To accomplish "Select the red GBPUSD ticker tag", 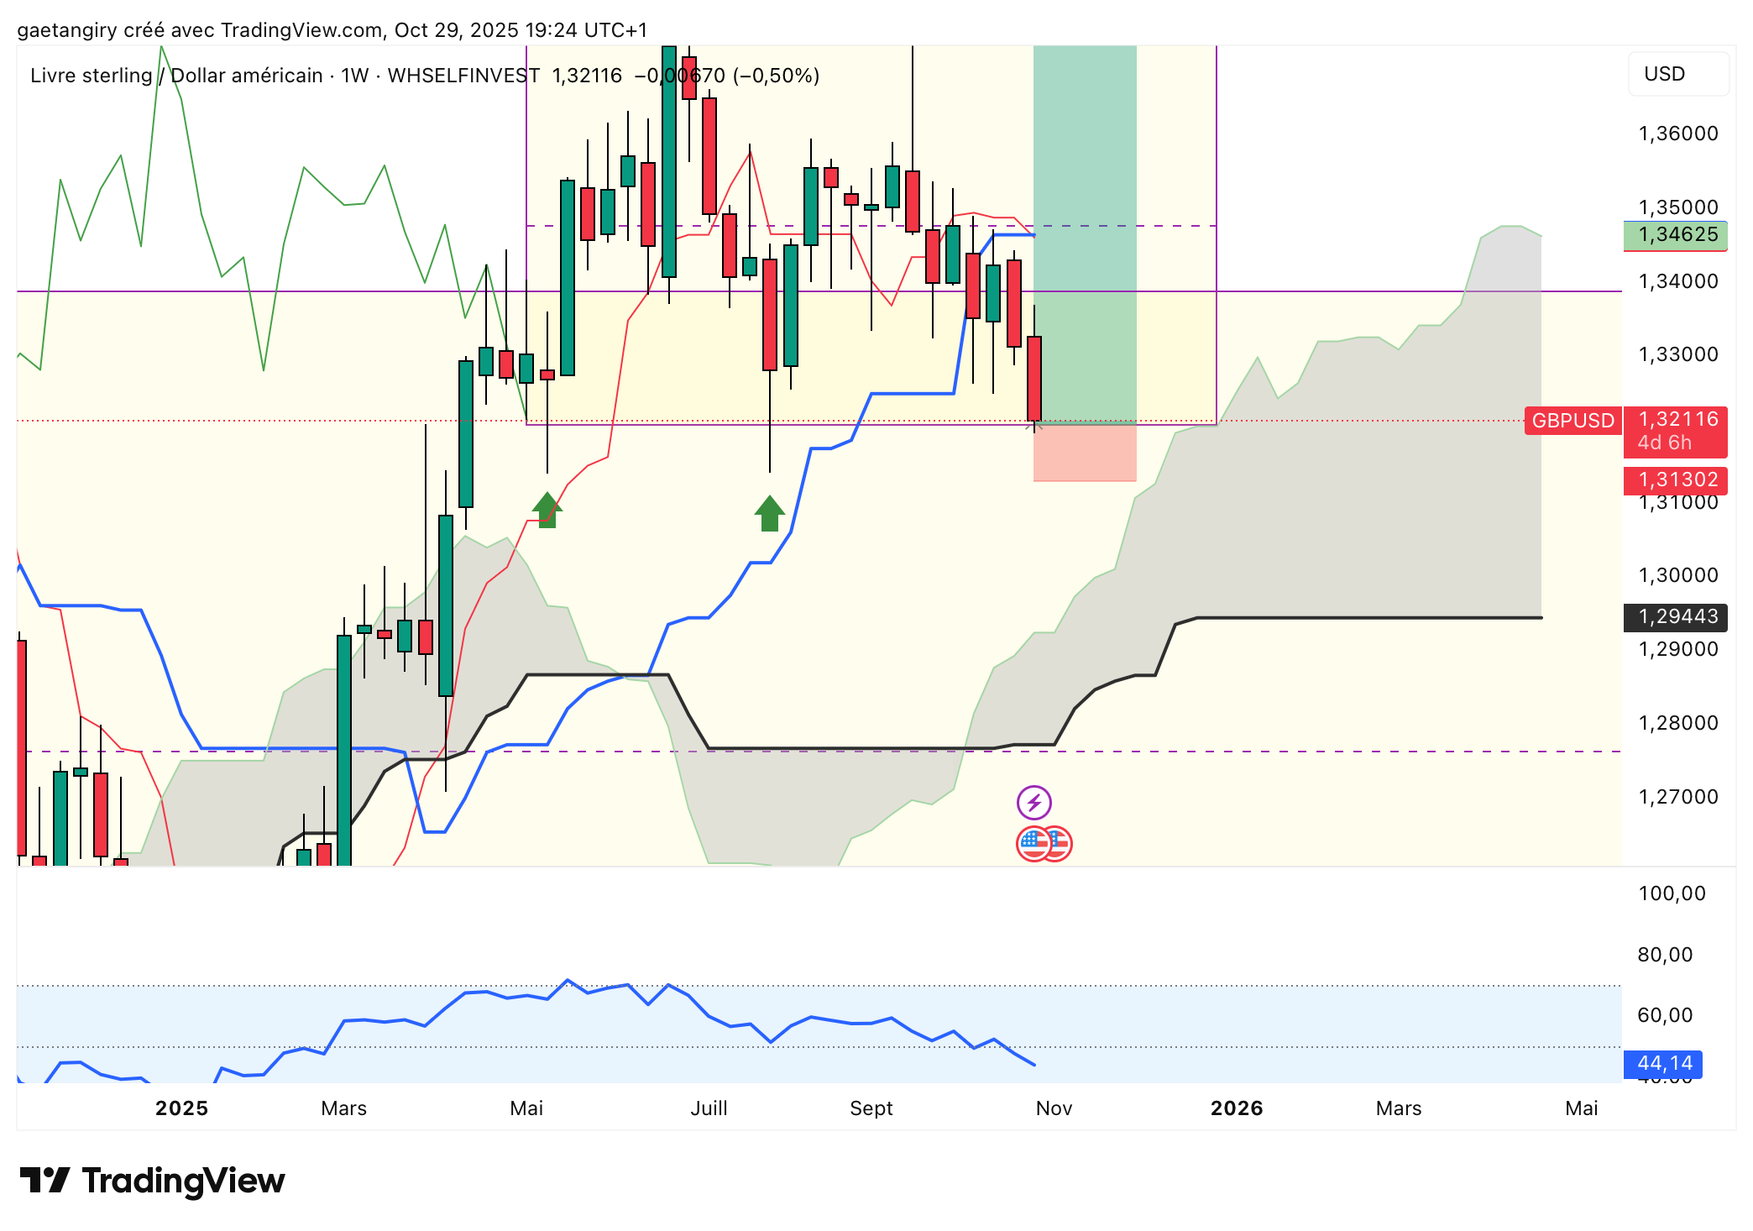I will coord(1572,421).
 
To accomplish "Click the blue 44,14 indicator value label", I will coord(1663,1064).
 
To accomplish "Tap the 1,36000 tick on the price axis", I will coord(1677,134).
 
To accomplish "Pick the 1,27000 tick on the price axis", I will coord(1677,797).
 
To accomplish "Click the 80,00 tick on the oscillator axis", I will coord(1665,955).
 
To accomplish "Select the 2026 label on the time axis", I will coord(1236,1108).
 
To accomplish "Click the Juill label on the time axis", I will coord(709,1108).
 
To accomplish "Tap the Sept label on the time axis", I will coord(871,1108).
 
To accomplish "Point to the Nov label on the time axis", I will coord(1054,1108).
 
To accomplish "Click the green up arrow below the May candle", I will coord(547,510).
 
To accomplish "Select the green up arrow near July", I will coord(769,513).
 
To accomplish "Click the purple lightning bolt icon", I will coord(1033,803).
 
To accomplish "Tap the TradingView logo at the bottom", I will coord(152,1181).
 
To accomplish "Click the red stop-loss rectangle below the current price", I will coord(1084,453).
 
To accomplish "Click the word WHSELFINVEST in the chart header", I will coord(463,76).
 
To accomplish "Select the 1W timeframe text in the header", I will coord(354,76).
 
